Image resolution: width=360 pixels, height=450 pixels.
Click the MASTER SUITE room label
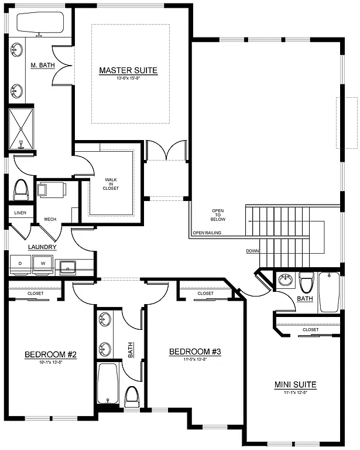click(x=128, y=70)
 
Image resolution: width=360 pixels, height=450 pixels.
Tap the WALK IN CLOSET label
click(x=111, y=184)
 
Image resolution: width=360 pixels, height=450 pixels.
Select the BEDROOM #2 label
click(x=51, y=354)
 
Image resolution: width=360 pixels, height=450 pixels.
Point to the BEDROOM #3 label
click(x=194, y=352)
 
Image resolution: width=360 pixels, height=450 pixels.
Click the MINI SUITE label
click(x=296, y=385)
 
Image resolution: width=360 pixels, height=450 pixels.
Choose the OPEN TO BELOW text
click(x=218, y=215)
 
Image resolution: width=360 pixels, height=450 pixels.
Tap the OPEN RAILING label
click(x=206, y=233)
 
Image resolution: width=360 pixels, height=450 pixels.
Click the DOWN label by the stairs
click(x=253, y=251)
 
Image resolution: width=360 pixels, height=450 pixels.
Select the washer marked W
click(x=42, y=264)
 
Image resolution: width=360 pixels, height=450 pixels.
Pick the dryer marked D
click(x=20, y=264)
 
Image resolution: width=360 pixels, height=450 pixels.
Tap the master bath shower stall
click(x=21, y=130)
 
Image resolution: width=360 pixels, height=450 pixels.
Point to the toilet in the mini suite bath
click(x=306, y=284)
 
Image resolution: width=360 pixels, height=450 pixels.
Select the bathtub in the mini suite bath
click(x=329, y=292)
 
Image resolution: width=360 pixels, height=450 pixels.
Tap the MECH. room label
click(x=50, y=220)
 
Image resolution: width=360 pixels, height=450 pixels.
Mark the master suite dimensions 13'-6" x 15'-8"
click(x=128, y=79)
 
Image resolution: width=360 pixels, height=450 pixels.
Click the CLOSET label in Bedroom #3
click(x=205, y=293)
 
